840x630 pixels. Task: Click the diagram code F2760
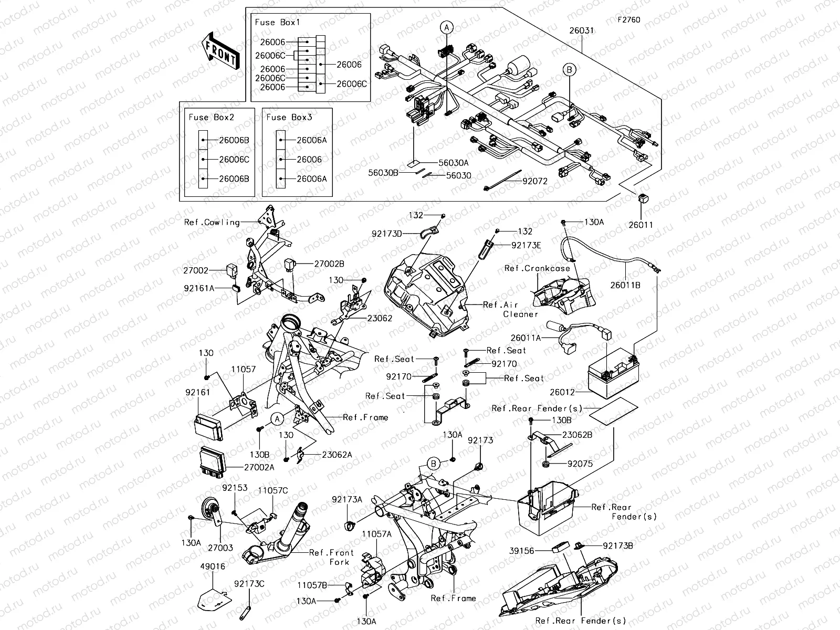628,20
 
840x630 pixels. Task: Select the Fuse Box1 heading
277,23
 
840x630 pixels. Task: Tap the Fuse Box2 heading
212,117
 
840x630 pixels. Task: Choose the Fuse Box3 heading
289,117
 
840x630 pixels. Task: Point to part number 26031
582,30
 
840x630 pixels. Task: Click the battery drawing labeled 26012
612,374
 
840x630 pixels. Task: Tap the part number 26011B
625,285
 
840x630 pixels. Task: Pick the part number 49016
213,566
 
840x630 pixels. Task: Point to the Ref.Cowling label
212,222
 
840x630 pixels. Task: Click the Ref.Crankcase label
537,268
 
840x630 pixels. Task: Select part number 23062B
577,435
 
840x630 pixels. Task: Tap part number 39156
521,551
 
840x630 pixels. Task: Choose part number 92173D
386,234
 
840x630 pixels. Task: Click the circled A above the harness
446,27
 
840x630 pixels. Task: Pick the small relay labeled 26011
642,198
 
